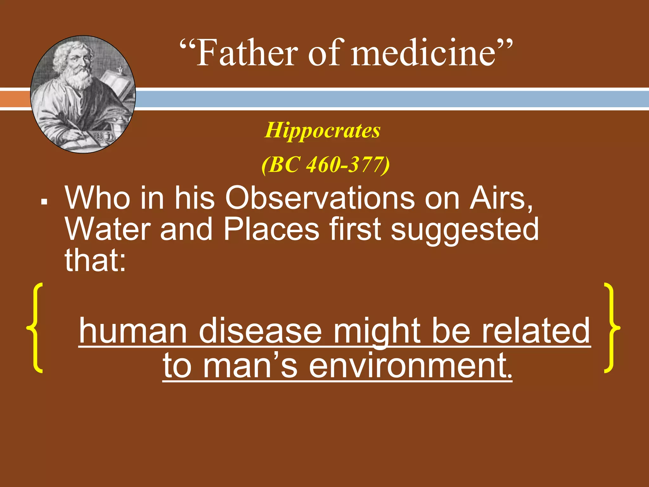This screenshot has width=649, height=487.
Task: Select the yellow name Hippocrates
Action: (323, 130)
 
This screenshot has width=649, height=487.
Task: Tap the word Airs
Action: (501, 198)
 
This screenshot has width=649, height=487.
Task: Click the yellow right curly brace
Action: (611, 328)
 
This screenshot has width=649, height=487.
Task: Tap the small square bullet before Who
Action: (44, 201)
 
